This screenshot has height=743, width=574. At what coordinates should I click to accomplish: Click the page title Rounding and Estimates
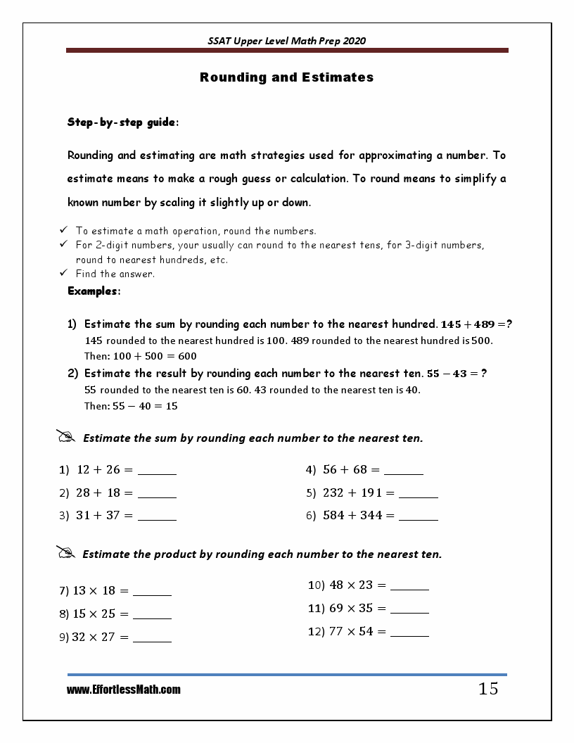pyautogui.click(x=286, y=77)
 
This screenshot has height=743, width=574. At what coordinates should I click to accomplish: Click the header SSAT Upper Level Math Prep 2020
pyautogui.click(x=286, y=41)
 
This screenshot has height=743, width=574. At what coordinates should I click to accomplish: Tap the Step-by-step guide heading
pyautogui.click(x=122, y=122)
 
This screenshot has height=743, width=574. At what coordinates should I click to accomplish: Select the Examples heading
pyautogui.click(x=94, y=291)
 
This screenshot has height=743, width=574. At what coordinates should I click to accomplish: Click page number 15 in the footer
pyautogui.click(x=488, y=689)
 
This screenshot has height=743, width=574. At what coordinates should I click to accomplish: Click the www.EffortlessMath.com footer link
pyautogui.click(x=123, y=690)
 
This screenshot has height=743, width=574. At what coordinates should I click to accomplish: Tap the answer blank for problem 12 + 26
pyautogui.click(x=157, y=473)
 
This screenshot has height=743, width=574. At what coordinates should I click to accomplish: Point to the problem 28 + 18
pyautogui.click(x=98, y=493)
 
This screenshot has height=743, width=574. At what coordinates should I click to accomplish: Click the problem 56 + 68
pyautogui.click(x=345, y=470)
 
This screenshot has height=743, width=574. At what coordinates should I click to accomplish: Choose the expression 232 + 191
pyautogui.click(x=352, y=493)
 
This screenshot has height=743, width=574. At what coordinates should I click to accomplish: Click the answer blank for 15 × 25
pyautogui.click(x=152, y=617)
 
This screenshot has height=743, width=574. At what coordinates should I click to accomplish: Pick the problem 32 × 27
pyautogui.click(x=94, y=637)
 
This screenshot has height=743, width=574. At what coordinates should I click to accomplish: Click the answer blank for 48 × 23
pyautogui.click(x=409, y=588)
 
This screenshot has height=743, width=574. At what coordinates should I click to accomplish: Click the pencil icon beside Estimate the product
pyautogui.click(x=65, y=553)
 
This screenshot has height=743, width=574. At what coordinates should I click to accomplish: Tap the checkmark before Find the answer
pyautogui.click(x=63, y=273)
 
